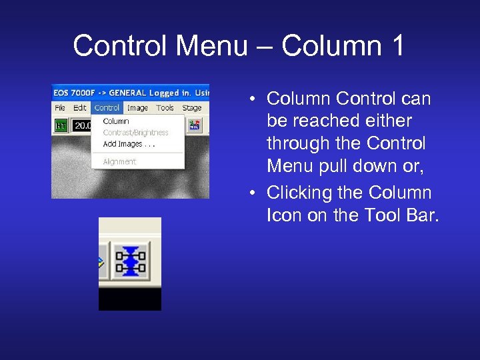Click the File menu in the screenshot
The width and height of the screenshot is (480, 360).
pyautogui.click(x=60, y=108)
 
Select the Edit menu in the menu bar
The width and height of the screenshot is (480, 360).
pyautogui.click(x=80, y=108)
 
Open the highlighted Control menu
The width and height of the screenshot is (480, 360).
pyautogui.click(x=107, y=108)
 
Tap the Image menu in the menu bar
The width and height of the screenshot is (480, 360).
pyautogui.click(x=137, y=108)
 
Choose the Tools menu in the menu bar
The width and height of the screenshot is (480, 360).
pyautogui.click(x=165, y=108)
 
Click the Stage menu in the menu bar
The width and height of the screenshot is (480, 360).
pyautogui.click(x=192, y=108)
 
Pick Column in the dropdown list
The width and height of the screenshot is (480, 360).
pyautogui.click(x=116, y=121)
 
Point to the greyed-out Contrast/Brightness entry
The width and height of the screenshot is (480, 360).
pyautogui.click(x=136, y=133)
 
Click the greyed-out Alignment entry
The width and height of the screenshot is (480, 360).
pyautogui.click(x=120, y=161)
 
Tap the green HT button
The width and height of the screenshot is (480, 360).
pyautogui.click(x=61, y=125)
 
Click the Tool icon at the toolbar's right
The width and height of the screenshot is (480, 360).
pyautogui.click(x=195, y=125)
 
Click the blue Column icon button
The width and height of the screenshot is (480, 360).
pyautogui.click(x=131, y=259)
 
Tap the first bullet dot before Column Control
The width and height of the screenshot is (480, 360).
pyautogui.click(x=254, y=100)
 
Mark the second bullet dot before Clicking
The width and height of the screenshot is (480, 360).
pyautogui.click(x=254, y=194)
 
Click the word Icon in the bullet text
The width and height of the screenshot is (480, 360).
pyautogui.click(x=284, y=215)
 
